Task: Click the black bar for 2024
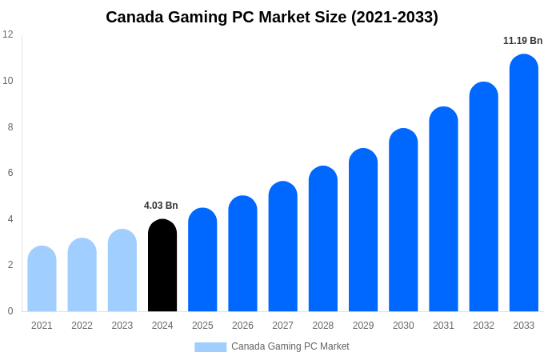162,266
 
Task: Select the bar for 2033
524,183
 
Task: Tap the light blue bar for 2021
42,279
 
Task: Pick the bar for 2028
323,239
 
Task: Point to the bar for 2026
242,254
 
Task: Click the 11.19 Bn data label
522,41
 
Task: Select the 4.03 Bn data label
161,206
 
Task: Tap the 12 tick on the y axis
8,34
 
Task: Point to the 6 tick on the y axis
10,173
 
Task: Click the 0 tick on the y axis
10,311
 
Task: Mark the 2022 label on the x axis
82,326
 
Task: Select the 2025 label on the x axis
202,326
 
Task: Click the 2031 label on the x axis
443,326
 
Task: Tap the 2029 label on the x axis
363,326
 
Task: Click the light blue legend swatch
210,346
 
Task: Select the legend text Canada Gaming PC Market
290,346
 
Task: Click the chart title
272,17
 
